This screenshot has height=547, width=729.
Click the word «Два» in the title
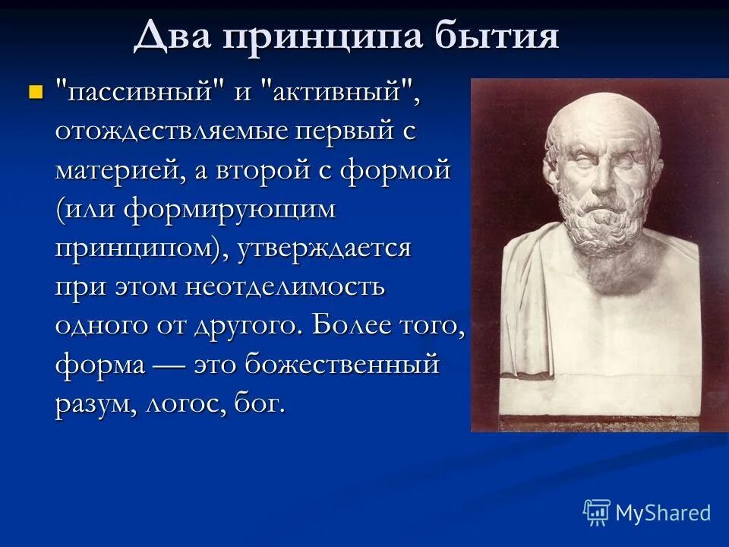point(172,36)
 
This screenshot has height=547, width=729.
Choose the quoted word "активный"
point(338,94)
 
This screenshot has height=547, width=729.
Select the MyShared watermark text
point(662,513)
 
